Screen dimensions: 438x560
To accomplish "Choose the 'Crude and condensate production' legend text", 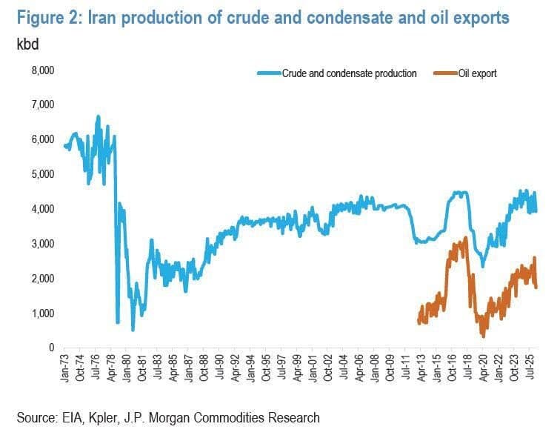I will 349,73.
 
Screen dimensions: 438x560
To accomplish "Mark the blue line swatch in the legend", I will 269,73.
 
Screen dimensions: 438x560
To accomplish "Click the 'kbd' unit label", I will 27,43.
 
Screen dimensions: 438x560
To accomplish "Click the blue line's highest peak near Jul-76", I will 98,116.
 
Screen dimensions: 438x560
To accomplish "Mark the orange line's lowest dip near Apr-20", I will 484,337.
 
